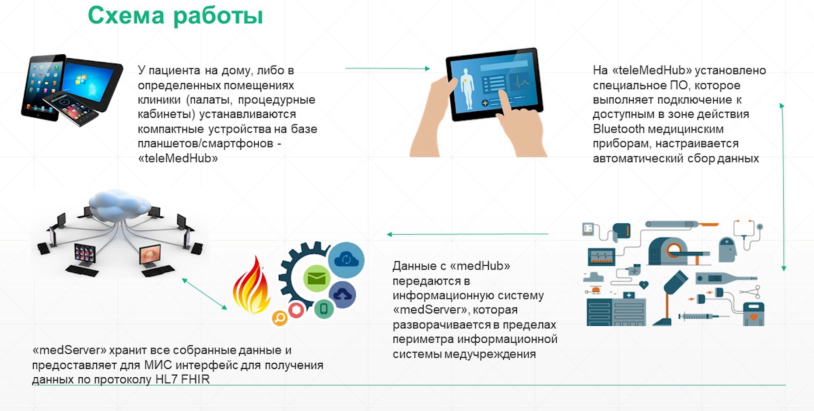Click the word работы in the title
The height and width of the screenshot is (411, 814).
point(218,17)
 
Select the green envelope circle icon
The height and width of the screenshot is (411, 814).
point(316,278)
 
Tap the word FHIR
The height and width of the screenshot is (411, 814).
point(196,379)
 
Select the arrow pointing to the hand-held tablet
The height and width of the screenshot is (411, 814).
point(388,68)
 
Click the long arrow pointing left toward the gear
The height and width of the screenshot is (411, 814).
point(467,234)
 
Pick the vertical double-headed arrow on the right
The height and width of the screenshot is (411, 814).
point(782,187)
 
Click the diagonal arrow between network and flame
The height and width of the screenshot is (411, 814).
point(205,294)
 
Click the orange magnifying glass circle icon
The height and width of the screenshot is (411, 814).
point(280,318)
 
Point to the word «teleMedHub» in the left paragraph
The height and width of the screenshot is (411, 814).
point(178,158)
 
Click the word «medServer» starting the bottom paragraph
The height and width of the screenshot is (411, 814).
point(70,350)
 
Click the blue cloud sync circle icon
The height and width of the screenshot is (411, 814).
point(346,260)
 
